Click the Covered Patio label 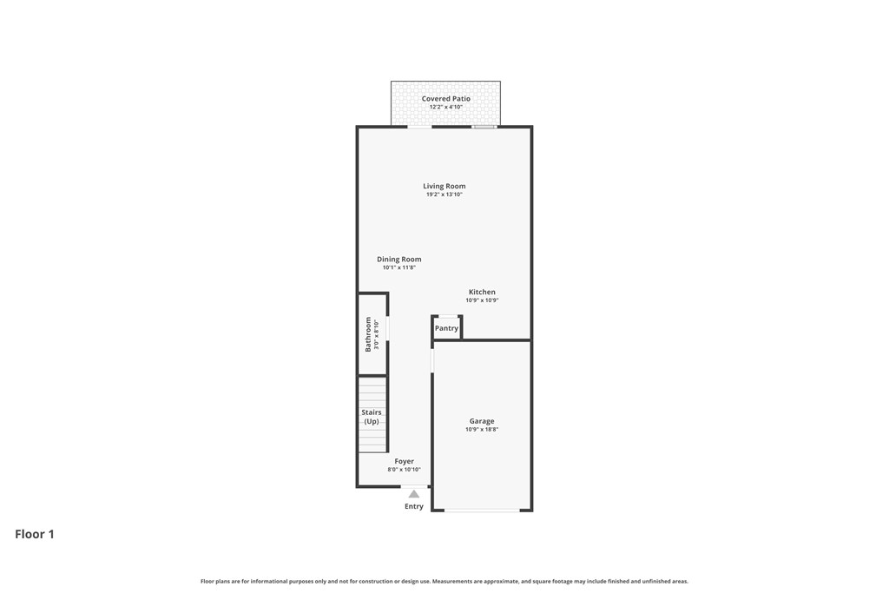coord(445,99)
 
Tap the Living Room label coord(444,186)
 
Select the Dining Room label coord(399,259)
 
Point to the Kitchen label coord(482,292)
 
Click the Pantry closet coord(447,328)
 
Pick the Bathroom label coord(368,334)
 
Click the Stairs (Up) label coord(372,417)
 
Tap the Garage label coord(482,421)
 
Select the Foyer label coord(405,462)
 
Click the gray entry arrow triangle coord(414,494)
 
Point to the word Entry coord(414,506)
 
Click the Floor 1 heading coord(35,534)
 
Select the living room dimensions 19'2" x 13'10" coord(444,194)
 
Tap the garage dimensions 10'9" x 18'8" coord(482,429)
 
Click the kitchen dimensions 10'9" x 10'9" coord(482,300)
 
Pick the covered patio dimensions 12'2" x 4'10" coord(446,107)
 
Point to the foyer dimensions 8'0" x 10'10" coord(405,470)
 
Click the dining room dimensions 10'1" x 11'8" coord(399,267)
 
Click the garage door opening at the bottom coord(482,511)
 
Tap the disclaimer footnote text coord(444,581)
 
